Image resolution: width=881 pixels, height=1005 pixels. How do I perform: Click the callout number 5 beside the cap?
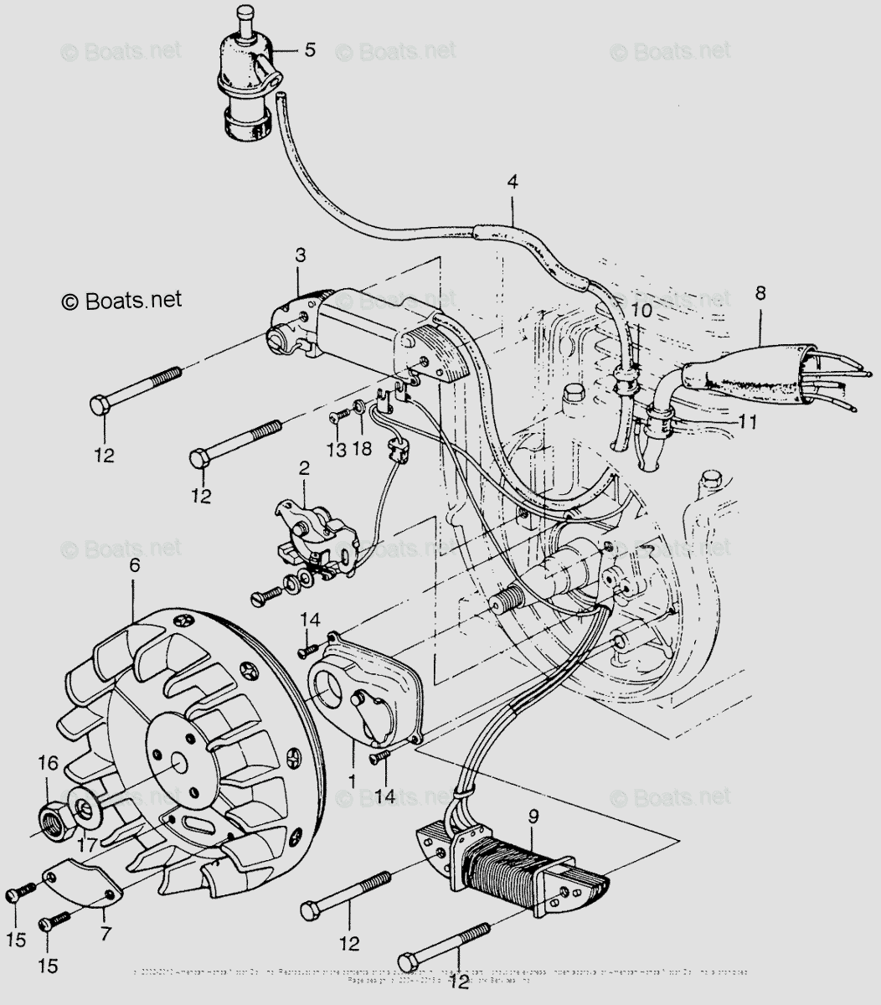(310, 50)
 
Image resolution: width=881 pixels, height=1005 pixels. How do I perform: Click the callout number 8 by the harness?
(760, 293)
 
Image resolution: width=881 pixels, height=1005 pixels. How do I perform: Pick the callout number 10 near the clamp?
(641, 309)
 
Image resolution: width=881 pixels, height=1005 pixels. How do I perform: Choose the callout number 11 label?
(748, 423)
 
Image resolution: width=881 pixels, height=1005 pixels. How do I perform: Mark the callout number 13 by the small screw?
(336, 451)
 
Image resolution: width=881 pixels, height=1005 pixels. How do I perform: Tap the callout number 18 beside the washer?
(362, 451)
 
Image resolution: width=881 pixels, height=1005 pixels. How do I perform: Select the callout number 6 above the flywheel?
(134, 565)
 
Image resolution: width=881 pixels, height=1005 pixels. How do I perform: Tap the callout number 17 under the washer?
(86, 846)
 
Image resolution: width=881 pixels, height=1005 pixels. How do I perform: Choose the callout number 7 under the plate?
(106, 931)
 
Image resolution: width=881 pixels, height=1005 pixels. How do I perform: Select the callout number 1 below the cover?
(353, 779)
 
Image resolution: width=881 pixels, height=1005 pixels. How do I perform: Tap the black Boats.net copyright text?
(121, 300)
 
